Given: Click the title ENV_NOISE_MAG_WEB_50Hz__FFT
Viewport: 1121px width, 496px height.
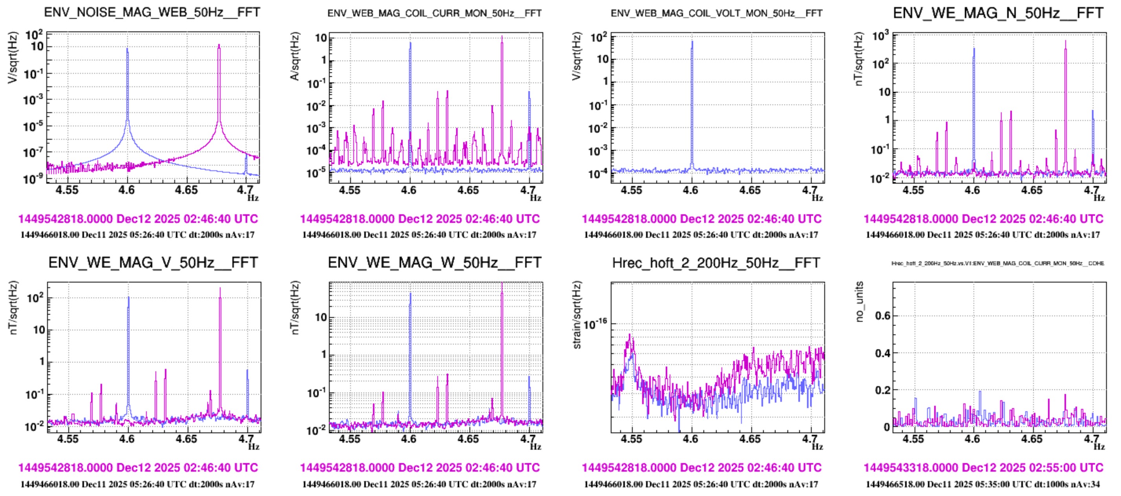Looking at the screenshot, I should coord(152,12).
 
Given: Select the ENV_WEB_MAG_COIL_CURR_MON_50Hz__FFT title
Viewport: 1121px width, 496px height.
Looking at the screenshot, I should coord(434,13).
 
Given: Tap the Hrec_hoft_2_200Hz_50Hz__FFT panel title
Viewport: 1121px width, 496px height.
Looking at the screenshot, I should coord(716,263).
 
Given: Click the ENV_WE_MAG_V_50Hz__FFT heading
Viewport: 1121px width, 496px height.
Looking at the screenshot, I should coord(153,263).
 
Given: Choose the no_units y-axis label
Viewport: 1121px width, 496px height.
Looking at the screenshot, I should coord(859,301).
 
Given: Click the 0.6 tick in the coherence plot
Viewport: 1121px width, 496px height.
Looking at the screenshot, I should coord(882,315).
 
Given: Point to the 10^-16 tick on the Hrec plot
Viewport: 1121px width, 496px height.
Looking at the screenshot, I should coord(595,324).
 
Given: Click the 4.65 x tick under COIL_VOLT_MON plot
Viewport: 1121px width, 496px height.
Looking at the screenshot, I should coord(750,190).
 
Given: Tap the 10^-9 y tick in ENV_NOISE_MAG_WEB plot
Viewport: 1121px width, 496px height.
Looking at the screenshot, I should coord(33,179).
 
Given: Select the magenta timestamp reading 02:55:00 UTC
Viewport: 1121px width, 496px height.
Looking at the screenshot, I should coord(983,467).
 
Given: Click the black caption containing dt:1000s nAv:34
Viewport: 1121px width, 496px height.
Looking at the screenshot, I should coord(983,484).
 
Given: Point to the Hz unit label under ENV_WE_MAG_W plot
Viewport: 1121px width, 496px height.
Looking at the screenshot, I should coord(535,447).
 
